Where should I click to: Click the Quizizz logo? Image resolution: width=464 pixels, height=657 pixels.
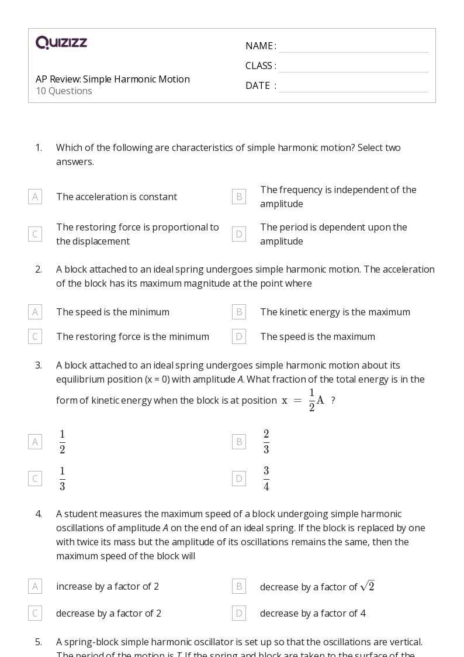[x=61, y=43]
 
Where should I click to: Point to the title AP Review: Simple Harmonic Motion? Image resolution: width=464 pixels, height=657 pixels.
[x=113, y=79]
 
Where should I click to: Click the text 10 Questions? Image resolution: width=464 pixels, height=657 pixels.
[x=64, y=91]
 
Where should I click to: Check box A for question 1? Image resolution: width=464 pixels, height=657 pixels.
[x=35, y=197]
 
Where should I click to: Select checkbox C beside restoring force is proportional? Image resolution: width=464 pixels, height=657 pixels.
[x=35, y=234]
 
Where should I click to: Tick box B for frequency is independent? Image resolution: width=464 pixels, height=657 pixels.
[x=238, y=197]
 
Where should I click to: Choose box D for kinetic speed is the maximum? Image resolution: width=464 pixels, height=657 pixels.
[x=238, y=336]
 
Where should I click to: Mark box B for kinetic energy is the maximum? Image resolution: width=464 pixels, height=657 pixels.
[x=238, y=312]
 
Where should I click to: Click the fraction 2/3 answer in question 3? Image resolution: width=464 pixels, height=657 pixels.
[x=266, y=442]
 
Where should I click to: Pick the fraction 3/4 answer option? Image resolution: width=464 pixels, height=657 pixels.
[x=266, y=479]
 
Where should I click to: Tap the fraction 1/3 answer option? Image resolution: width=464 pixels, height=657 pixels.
[x=63, y=479]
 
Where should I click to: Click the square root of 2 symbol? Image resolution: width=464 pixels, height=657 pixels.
[x=367, y=586]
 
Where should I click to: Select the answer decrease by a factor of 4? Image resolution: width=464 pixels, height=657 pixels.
[x=313, y=613]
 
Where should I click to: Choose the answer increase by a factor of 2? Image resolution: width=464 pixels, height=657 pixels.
[x=108, y=586]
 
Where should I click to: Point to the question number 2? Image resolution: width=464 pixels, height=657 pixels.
[x=39, y=269]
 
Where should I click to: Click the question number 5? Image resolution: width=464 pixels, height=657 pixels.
[x=39, y=642]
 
